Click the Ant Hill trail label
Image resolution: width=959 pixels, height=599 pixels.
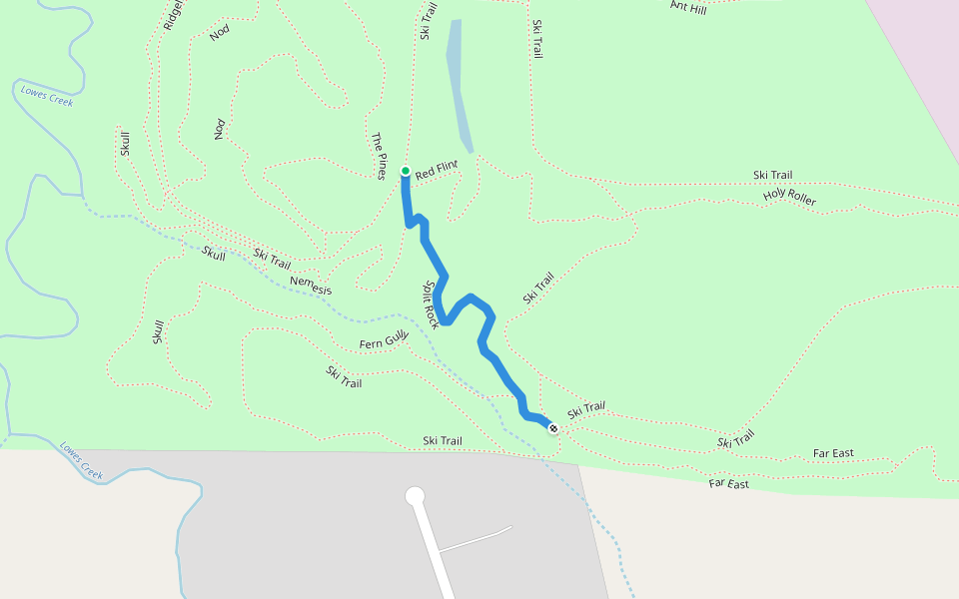point(687,8)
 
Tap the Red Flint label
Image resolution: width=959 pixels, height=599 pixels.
point(437,171)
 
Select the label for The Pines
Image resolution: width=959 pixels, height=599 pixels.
point(379,156)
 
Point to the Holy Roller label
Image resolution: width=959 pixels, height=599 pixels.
point(789,197)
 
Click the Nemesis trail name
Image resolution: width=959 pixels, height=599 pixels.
point(310,285)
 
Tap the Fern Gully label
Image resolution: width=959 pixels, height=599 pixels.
point(385,343)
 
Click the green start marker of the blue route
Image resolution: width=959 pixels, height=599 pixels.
point(405,171)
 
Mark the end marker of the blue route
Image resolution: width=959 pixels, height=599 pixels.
point(553,428)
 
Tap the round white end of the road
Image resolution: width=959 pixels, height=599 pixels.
point(415,496)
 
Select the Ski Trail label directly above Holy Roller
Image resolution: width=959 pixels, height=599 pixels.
point(772,176)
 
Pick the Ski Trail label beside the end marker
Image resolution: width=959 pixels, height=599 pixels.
point(586,409)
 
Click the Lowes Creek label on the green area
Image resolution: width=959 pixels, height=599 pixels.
point(46,96)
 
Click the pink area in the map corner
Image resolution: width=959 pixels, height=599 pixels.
point(924,40)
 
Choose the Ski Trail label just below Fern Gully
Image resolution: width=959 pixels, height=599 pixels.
point(344,376)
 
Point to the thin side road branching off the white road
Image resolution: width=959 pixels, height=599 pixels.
point(475,539)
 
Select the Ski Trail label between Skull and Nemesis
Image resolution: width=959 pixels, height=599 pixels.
point(272,259)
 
